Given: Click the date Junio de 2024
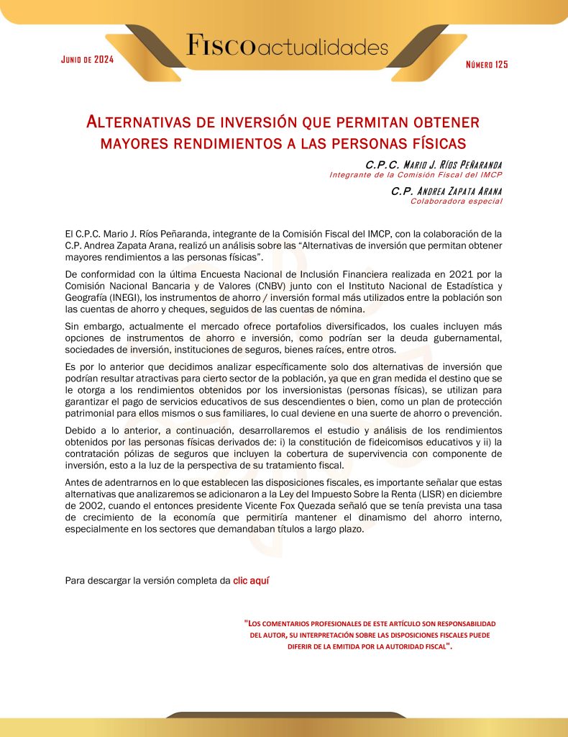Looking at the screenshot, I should (x=88, y=59).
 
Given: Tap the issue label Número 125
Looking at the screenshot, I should (x=487, y=65).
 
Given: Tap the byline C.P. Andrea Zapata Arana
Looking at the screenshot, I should (x=446, y=191).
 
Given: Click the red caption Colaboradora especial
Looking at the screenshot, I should (x=456, y=202).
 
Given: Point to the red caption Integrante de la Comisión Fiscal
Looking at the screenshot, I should (x=416, y=175).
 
